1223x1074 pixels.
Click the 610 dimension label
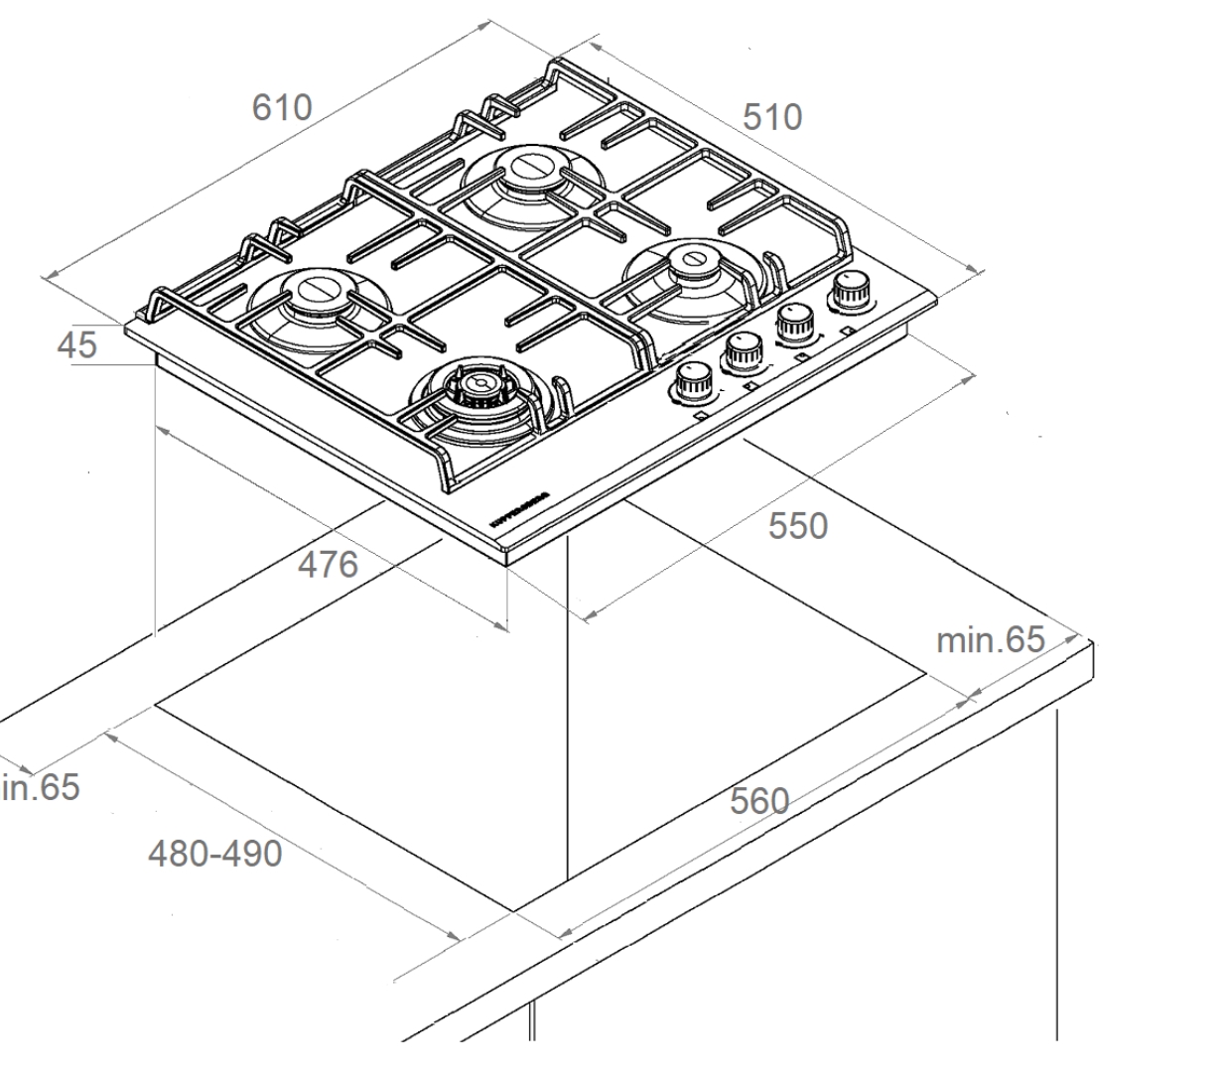coord(282,107)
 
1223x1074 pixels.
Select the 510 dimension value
coord(772,117)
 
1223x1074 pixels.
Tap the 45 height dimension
coord(76,344)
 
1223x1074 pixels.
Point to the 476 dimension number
coord(328,564)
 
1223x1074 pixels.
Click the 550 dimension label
coord(797,526)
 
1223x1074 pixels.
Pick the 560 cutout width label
coord(758,801)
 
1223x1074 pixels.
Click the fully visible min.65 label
coord(990,640)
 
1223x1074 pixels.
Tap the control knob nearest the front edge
coord(693,379)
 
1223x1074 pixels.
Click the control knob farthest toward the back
coord(850,290)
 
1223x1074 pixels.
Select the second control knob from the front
coord(743,349)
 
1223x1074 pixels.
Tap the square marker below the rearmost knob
coord(847,329)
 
